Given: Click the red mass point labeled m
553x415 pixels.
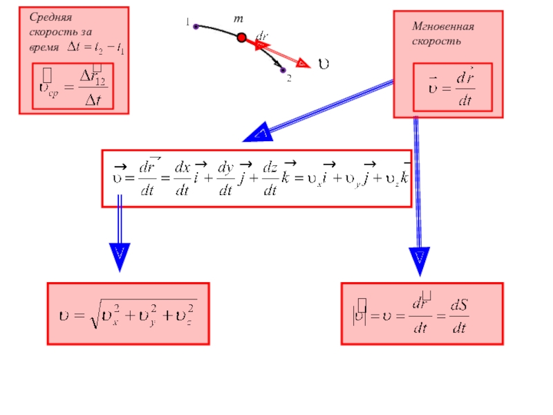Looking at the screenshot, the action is pos(241,39).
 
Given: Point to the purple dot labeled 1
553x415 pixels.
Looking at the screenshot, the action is pos(196,27).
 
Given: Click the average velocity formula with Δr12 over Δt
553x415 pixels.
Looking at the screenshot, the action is pos(73,87).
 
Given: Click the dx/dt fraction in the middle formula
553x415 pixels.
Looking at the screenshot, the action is pos(182,179).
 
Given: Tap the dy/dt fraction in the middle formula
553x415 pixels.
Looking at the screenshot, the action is pos(225,179).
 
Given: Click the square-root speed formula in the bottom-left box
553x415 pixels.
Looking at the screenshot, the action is pos(127,313).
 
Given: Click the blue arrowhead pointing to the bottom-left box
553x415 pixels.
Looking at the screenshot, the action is pos(119,257).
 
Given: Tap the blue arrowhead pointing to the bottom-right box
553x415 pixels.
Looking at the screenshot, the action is pos(419,260).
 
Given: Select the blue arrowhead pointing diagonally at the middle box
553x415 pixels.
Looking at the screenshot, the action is pos(256,133).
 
